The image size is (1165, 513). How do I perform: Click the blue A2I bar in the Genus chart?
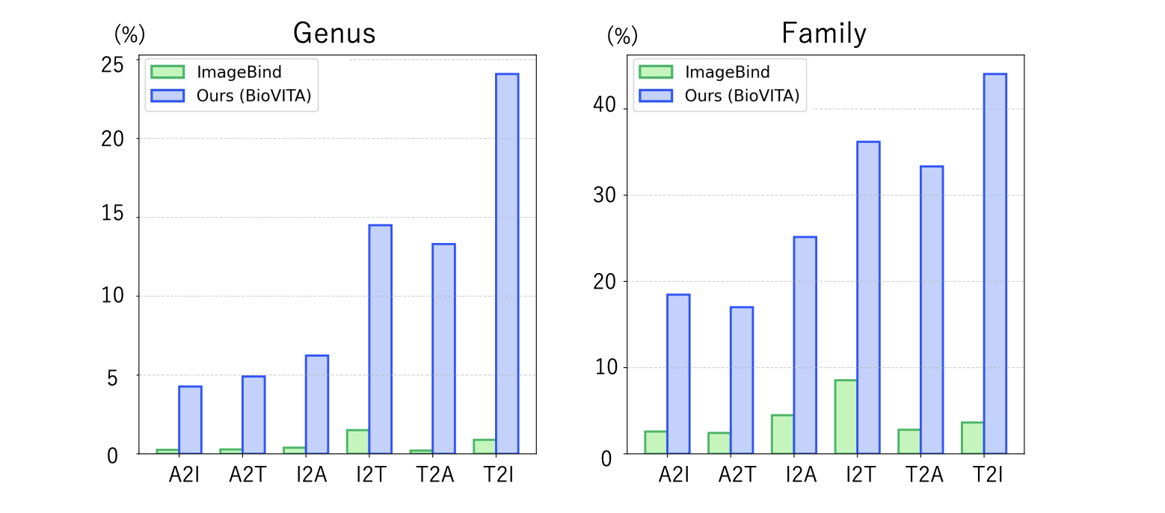(x=190, y=420)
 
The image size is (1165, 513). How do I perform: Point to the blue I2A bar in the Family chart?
(x=805, y=345)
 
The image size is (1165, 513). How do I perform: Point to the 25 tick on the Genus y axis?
(x=112, y=65)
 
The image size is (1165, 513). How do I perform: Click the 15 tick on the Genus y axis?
(x=112, y=218)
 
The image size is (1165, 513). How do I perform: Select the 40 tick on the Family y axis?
(x=606, y=108)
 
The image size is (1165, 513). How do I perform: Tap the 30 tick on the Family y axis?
(x=606, y=195)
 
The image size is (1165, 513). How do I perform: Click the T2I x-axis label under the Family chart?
(x=989, y=476)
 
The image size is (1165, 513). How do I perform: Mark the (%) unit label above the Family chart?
(x=621, y=35)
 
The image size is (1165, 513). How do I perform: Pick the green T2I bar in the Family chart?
(x=973, y=437)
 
